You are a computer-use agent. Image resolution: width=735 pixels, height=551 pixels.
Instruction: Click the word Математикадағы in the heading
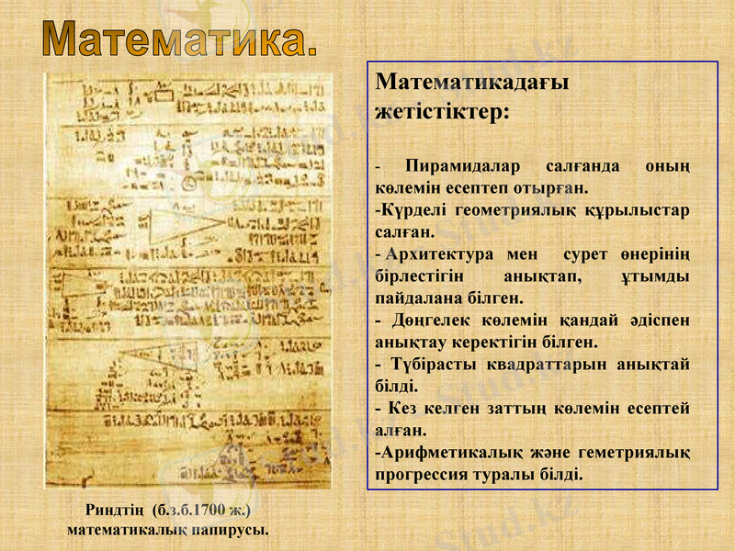click(472, 82)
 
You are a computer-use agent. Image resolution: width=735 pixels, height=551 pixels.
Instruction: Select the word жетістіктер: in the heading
click(442, 114)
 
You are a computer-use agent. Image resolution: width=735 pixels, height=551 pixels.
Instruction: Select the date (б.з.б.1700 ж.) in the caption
click(204, 511)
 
